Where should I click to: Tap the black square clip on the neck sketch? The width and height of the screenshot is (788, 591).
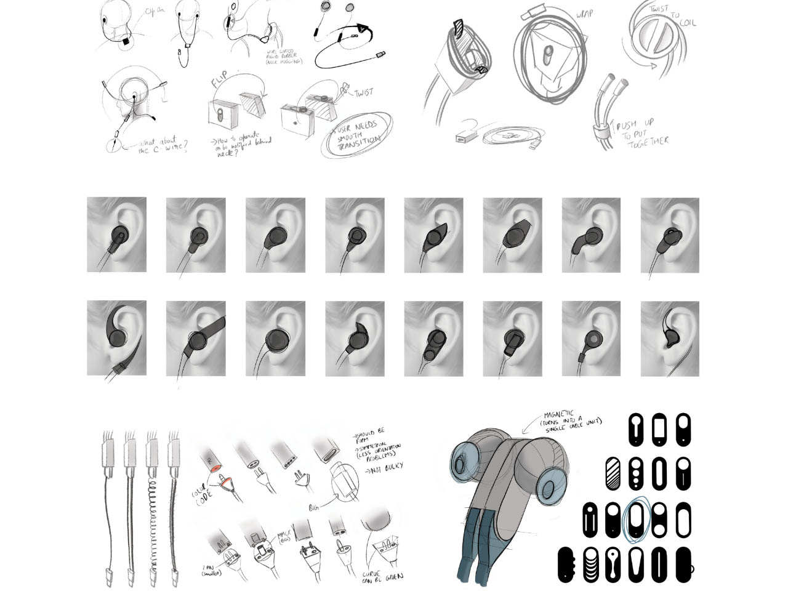126,42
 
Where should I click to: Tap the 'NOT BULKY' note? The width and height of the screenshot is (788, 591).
387,467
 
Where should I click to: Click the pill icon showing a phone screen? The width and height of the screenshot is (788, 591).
659,429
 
